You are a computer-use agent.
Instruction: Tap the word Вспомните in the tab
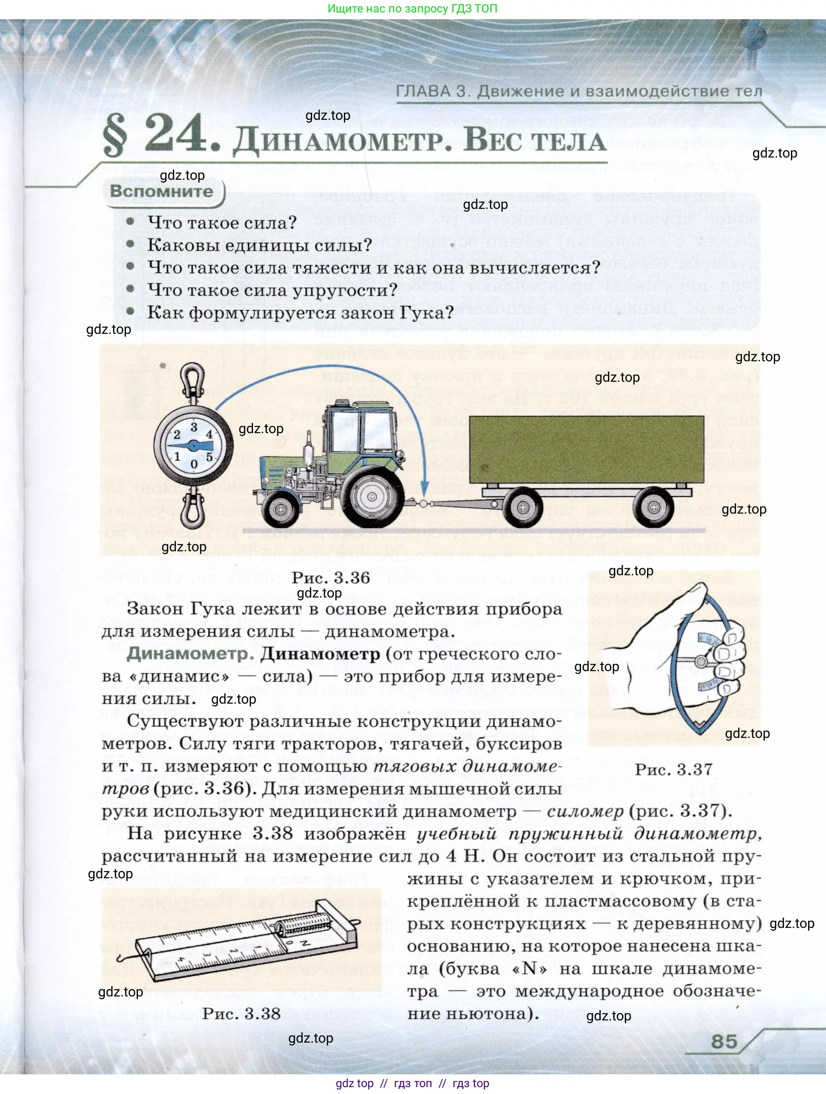coord(162,191)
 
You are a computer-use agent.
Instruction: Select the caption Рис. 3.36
coord(331,577)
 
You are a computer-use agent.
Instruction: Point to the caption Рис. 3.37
coord(674,769)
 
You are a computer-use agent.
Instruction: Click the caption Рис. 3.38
coord(242,1014)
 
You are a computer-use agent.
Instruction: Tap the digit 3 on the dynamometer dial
coord(194,426)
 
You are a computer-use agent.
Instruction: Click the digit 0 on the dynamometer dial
coord(194,464)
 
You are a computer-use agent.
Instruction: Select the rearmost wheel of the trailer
coord(654,507)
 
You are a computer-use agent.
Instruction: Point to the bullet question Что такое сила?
coord(222,223)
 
